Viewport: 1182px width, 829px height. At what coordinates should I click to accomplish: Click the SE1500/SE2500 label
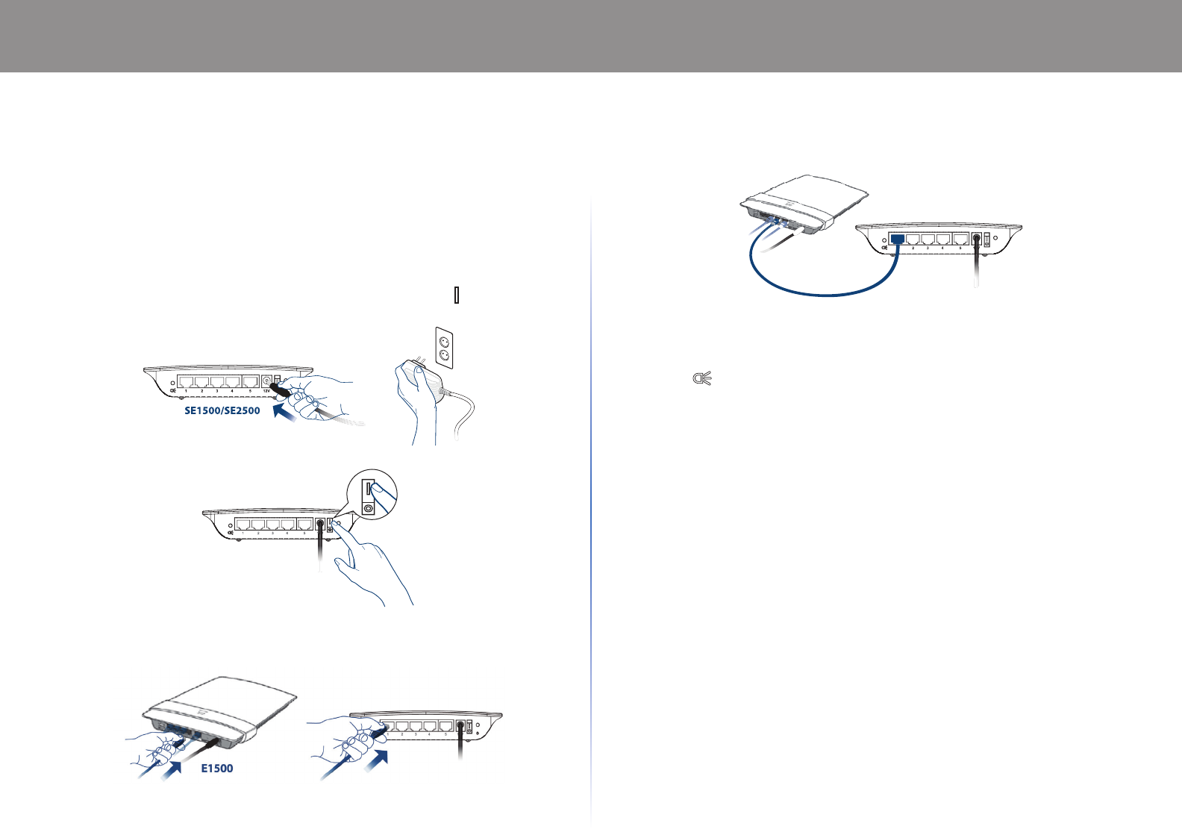(x=222, y=410)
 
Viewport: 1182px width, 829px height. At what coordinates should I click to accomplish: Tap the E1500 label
(x=217, y=769)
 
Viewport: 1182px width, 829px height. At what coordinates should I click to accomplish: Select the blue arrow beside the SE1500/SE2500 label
(x=287, y=410)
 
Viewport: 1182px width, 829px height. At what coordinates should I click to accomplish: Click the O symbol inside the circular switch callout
(x=368, y=507)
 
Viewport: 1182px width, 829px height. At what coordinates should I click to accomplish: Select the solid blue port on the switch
(x=898, y=239)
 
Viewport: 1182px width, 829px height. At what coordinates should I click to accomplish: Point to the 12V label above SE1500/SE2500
(x=266, y=391)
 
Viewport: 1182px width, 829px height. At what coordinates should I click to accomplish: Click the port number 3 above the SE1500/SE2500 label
(x=216, y=391)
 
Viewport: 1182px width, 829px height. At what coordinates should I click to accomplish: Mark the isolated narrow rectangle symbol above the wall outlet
(x=456, y=295)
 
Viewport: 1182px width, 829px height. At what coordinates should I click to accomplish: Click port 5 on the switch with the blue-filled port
(x=960, y=239)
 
